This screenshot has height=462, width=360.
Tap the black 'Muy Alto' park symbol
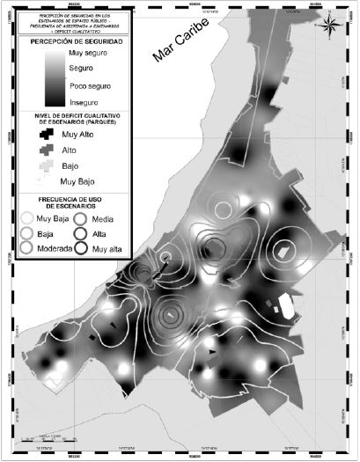(x=45, y=135)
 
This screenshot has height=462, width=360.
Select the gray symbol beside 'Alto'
(x=45, y=151)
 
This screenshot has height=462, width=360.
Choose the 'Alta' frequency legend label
(x=99, y=234)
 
